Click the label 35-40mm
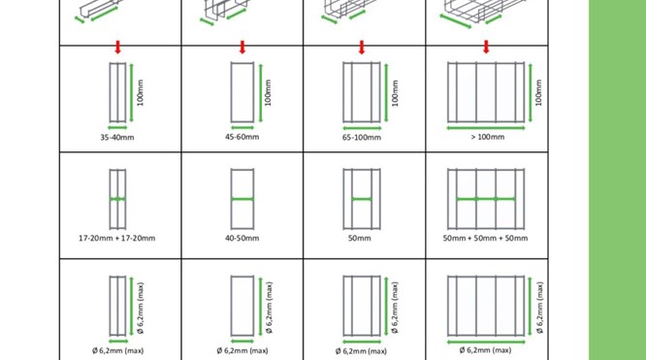tap(117, 138)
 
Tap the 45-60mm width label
tap(242, 137)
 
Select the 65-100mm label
tap(362, 138)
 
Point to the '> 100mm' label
tap(487, 137)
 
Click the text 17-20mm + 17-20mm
tap(117, 238)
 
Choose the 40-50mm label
tap(242, 238)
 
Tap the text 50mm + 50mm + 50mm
tap(485, 238)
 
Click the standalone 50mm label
tap(359, 238)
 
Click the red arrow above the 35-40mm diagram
tap(117, 47)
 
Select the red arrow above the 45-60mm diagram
tap(242, 47)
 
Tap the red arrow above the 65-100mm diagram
tap(362, 47)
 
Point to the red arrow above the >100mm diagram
tap(486, 47)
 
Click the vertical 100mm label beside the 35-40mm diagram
tap(141, 93)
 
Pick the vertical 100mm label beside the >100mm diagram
tap(538, 93)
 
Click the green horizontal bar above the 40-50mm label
tap(242, 199)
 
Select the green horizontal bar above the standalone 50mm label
tap(362, 199)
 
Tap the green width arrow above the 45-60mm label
tap(242, 128)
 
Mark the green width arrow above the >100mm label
tap(486, 128)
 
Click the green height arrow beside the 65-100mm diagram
tap(386, 93)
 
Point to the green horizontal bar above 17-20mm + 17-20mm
tap(117, 199)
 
